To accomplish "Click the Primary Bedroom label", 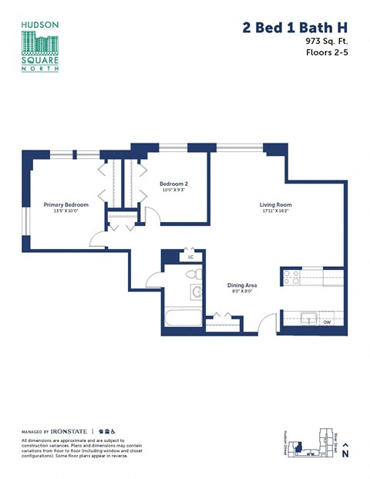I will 66,204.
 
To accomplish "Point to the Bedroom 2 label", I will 174,184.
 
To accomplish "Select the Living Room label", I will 275,204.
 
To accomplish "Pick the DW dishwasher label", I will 327,322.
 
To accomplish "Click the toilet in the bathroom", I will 194,275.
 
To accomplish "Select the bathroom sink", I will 196,292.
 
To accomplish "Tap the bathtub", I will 182,319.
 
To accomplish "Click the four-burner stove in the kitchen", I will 291,277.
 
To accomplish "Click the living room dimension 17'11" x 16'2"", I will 275,211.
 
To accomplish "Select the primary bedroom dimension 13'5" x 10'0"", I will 66,211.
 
